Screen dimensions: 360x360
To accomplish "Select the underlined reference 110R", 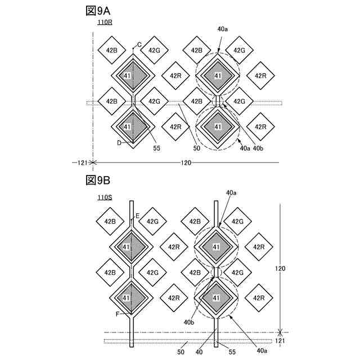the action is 105,23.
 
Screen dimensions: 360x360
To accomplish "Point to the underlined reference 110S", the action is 105,197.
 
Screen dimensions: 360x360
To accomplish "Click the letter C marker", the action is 139,45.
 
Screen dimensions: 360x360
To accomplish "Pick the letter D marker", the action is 119,143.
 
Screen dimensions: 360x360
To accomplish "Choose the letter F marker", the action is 119,314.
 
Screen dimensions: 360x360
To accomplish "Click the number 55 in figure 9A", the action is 157,148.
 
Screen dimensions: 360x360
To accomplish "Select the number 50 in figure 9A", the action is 197,148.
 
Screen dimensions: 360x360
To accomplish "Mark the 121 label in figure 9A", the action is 81,163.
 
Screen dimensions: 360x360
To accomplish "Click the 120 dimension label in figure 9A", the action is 186,163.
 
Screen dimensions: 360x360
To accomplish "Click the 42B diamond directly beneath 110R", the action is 111,51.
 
